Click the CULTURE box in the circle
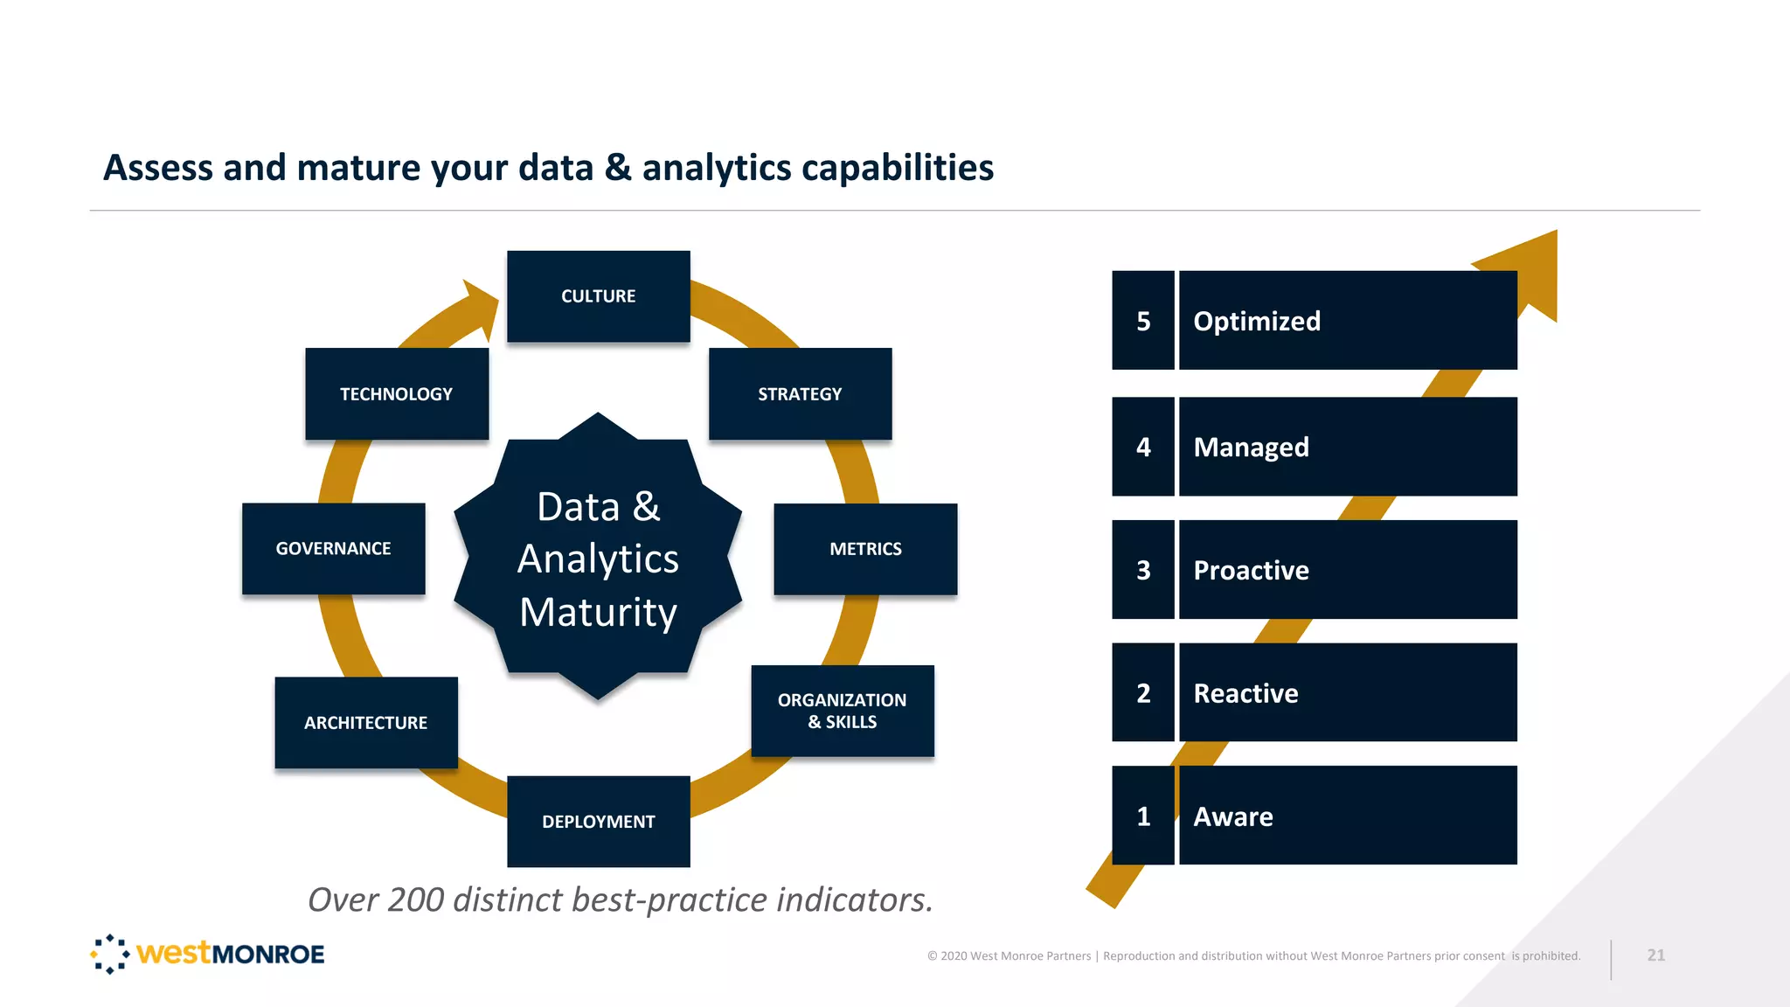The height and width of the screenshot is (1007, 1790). pos(598,296)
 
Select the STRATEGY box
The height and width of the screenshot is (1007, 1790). pos(800,393)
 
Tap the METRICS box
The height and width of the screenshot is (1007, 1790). pos(865,549)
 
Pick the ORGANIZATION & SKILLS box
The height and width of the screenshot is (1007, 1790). pos(843,711)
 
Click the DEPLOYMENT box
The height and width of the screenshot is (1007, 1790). pos(598,821)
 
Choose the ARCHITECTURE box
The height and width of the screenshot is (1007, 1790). pos(365,722)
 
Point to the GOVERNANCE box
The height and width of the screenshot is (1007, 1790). pos(333,549)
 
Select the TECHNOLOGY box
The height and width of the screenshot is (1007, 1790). pos(396,393)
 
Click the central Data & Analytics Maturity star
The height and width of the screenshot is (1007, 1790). pos(598,558)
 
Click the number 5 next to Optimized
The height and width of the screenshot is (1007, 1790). pos(1143,321)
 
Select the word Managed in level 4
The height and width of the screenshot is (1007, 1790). pos(1251,447)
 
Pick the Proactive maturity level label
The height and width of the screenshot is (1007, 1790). pos(1251,570)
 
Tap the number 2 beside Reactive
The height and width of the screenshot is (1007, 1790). pos(1143,693)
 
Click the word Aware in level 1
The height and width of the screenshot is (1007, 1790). pos(1232,816)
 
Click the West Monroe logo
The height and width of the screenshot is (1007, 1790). pos(207,954)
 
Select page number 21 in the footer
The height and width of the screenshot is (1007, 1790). pos(1655,955)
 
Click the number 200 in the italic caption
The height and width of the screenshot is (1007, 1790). pos(416,899)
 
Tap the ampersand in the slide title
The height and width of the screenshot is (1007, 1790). pos(617,167)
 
